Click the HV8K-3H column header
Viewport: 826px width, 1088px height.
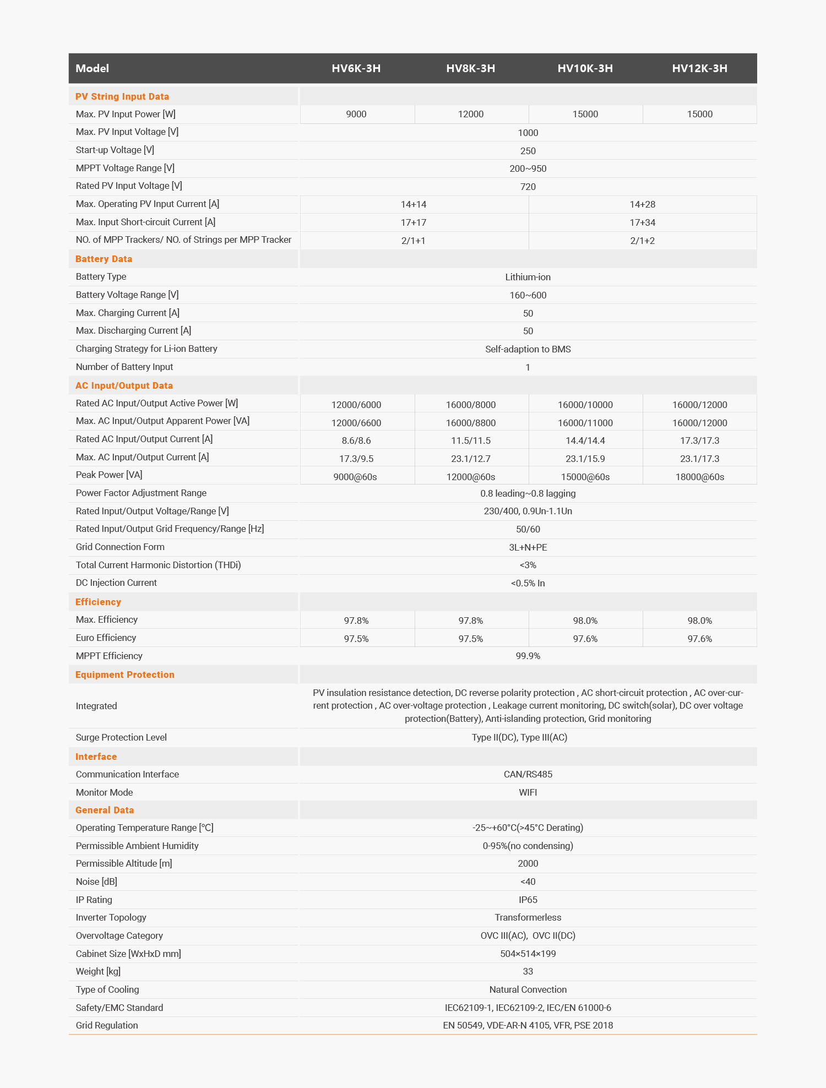tap(470, 68)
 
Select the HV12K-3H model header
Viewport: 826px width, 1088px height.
tap(699, 68)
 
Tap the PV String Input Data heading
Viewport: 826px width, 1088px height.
tap(122, 96)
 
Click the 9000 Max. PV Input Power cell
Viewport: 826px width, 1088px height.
tap(356, 114)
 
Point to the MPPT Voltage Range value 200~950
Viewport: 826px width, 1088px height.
tap(528, 168)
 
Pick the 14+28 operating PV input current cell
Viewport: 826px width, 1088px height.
tap(642, 204)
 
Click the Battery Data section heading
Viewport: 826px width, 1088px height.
tap(104, 259)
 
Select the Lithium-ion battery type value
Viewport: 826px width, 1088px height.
tap(528, 277)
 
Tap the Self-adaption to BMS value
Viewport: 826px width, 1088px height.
tap(528, 349)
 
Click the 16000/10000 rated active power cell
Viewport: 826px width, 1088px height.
tap(585, 405)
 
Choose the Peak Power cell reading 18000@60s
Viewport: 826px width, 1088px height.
tap(699, 477)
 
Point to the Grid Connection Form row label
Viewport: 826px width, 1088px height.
tap(120, 547)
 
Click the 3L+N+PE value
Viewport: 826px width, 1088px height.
tap(528, 547)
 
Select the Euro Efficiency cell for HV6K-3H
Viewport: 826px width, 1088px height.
tap(356, 639)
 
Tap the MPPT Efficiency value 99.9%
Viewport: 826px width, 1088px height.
tap(528, 656)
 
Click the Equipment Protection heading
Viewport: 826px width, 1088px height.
tap(125, 674)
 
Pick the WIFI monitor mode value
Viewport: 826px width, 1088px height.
tap(528, 792)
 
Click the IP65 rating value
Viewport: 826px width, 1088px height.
tap(528, 900)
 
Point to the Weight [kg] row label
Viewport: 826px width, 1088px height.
tap(98, 971)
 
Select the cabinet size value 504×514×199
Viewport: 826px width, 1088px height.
tap(528, 954)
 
